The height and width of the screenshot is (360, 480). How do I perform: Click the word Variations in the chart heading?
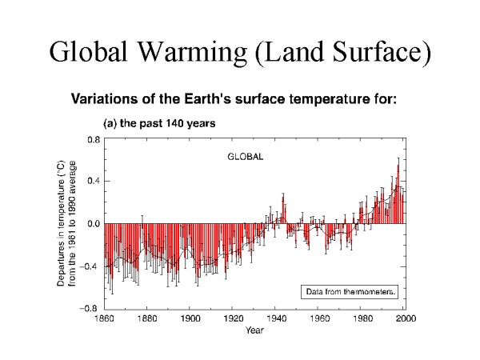click(x=106, y=100)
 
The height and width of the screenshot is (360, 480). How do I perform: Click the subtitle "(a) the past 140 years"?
click(x=151, y=124)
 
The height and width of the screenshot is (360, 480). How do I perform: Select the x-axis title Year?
click(x=255, y=329)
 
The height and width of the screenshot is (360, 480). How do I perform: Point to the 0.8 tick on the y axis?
click(x=94, y=139)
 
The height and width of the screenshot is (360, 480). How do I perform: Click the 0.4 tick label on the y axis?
click(x=94, y=182)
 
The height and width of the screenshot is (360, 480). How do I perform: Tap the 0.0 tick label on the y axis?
click(x=94, y=224)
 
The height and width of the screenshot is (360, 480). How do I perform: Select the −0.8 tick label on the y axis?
click(x=92, y=308)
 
